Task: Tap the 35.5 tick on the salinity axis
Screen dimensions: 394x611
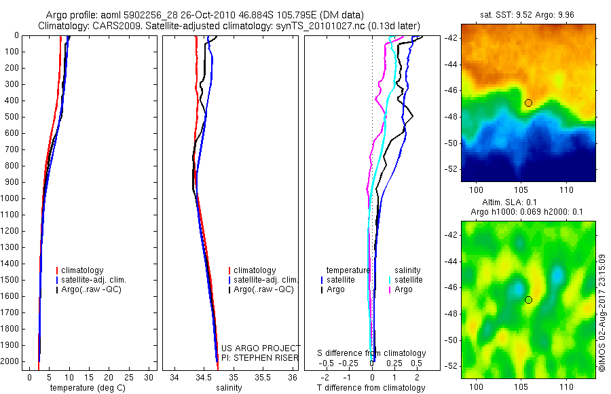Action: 263,377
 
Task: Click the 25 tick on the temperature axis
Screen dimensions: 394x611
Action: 130,377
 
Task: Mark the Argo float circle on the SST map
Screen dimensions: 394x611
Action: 528,103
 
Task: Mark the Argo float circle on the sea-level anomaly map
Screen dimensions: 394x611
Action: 528,300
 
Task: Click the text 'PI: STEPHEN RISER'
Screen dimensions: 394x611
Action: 260,358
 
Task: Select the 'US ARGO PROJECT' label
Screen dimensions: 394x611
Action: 261,348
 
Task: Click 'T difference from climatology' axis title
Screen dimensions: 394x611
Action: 371,388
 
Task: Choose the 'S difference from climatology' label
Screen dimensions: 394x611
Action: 371,353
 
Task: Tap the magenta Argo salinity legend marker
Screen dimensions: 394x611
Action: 390,289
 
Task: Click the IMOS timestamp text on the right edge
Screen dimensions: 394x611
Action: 603,313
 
